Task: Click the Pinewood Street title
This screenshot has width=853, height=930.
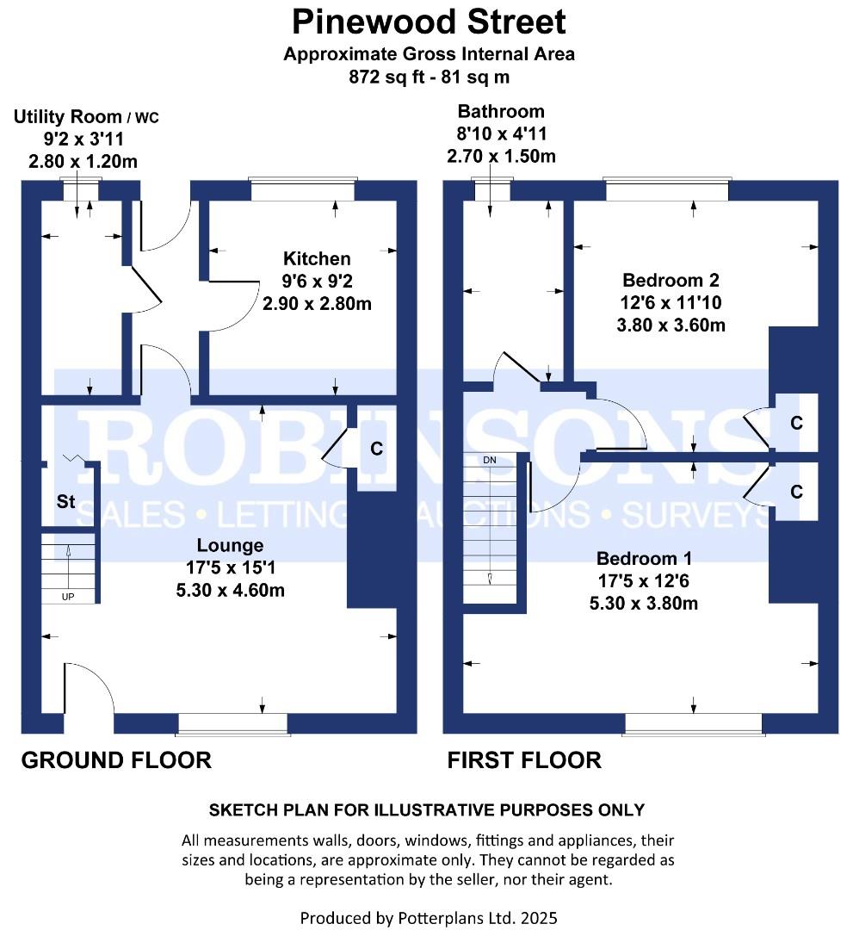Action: tap(429, 22)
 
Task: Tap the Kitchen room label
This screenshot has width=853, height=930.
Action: tap(317, 258)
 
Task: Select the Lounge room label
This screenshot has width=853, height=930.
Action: tap(230, 546)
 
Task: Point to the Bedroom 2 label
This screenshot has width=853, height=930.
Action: tap(671, 280)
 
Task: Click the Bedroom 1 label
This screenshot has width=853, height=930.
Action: tap(644, 558)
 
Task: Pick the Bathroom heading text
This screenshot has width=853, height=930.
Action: tap(501, 111)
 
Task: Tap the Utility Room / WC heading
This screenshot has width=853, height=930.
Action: tap(86, 116)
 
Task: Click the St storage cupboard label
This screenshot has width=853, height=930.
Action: tap(65, 502)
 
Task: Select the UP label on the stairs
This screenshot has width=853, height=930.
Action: tap(68, 597)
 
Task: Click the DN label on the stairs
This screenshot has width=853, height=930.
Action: tap(490, 460)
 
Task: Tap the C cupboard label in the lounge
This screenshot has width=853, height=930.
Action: tap(376, 449)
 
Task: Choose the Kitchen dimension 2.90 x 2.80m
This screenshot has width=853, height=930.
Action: tap(317, 304)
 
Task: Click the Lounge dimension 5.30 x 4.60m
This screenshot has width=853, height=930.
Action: tap(230, 591)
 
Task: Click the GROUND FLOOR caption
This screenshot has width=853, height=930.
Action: tap(116, 760)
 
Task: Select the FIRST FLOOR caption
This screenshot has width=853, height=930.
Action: tap(524, 760)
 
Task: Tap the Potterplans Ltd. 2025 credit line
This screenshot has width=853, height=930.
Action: tap(429, 918)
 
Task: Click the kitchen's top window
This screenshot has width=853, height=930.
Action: tap(303, 189)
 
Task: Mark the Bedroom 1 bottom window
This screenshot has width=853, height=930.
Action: tap(694, 723)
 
